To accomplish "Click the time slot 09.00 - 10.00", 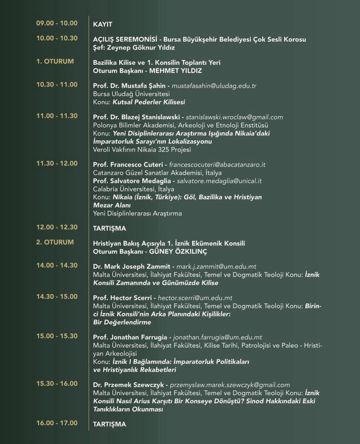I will (57, 23).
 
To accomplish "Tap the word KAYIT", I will (102, 24).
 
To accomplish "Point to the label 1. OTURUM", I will (55, 61).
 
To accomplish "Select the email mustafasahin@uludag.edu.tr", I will (214, 86).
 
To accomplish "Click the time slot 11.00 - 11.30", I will (57, 116).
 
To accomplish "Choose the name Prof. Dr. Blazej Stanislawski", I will (139, 117).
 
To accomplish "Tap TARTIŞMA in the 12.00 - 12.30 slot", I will (109, 228).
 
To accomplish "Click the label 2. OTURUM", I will (55, 242).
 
